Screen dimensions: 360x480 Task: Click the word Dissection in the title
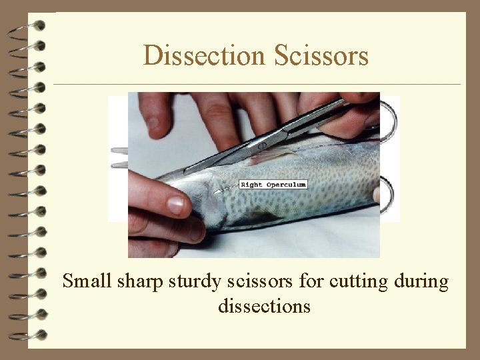tap(205, 56)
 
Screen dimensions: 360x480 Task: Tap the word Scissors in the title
tap(321, 56)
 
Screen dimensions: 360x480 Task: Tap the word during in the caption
tap(420, 282)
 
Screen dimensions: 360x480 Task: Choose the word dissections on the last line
tap(264, 306)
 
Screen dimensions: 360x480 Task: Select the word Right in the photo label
tap(251, 184)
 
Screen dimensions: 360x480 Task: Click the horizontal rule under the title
tap(257, 85)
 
